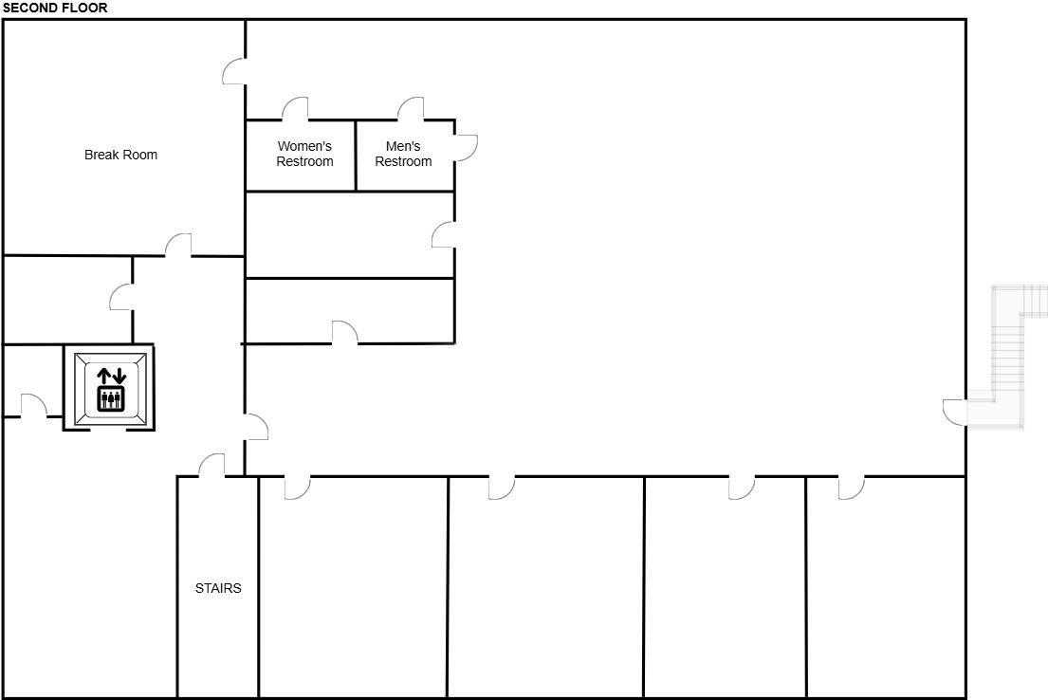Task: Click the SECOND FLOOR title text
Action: click(55, 8)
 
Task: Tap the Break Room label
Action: click(121, 155)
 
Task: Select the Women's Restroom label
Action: click(304, 154)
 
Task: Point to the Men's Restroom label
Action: click(403, 154)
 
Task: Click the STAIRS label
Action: click(218, 588)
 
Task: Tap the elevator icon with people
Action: click(111, 397)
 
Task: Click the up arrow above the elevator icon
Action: click(103, 375)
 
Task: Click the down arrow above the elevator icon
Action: click(119, 375)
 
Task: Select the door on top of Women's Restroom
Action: click(295, 109)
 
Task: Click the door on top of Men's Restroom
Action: click(411, 109)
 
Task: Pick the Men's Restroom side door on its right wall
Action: click(466, 148)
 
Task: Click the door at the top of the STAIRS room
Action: click(211, 466)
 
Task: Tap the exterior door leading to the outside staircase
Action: click(954, 412)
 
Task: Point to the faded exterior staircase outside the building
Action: click(1008, 357)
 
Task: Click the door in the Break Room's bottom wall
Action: click(177, 246)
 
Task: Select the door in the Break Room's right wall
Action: click(234, 71)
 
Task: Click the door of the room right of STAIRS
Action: click(298, 488)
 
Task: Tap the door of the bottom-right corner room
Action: click(852, 488)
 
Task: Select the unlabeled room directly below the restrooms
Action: click(350, 234)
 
